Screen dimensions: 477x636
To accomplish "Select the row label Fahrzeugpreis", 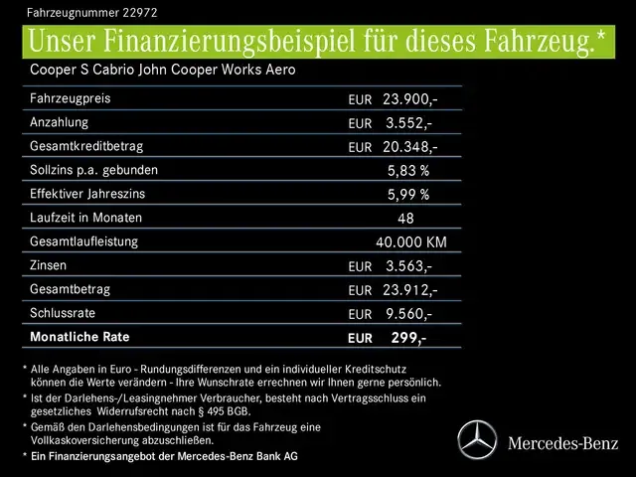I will coord(71,99).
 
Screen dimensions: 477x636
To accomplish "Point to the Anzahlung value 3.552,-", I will coord(409,123).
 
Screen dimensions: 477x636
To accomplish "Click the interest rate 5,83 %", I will coord(408,171).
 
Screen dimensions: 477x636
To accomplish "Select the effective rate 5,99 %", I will coord(408,195).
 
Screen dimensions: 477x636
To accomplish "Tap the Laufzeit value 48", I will coord(405,219).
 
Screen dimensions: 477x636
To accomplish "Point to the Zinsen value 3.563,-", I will coord(409,266).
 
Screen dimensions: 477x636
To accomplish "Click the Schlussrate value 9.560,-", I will coord(409,314).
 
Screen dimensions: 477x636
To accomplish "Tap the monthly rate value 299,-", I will coord(408,338).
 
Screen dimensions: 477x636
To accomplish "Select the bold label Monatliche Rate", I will coord(81,337).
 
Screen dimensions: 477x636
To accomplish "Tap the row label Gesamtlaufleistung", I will coord(84,241).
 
